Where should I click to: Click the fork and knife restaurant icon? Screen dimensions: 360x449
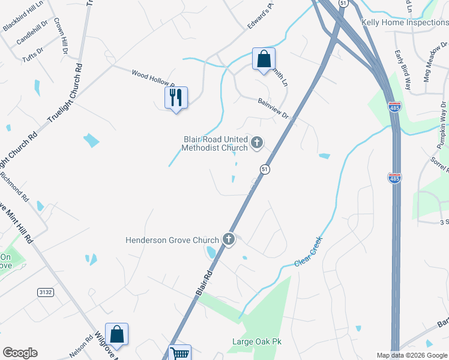pos(176,97)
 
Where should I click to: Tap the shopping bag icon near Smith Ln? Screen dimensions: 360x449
pos(264,58)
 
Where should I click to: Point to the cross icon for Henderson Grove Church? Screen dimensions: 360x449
pos(228,239)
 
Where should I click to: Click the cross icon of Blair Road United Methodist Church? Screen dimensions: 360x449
pos(257,142)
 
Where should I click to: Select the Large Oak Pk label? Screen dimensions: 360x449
pos(256,342)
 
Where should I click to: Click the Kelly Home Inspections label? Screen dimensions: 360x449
pos(405,23)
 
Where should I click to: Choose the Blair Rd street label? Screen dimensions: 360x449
pos(205,281)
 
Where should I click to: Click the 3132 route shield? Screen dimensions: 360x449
pos(46,292)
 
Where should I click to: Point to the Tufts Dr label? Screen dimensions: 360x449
pos(34,53)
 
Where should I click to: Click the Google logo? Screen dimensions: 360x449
pos(20,353)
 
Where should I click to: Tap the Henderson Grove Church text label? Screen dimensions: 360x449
pos(172,240)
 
